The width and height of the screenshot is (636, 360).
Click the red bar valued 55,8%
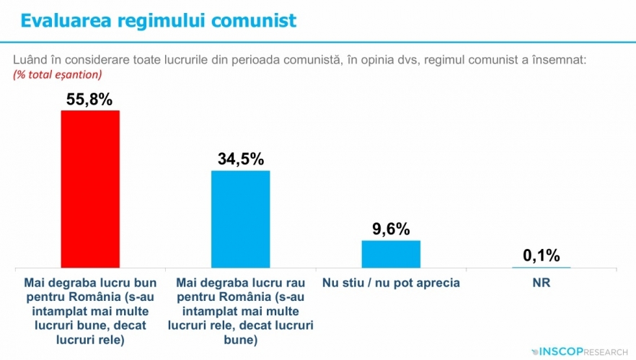pos(90,189)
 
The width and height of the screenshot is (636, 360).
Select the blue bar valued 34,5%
pos(240,219)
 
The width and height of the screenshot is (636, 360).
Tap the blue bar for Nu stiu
pos(390,253)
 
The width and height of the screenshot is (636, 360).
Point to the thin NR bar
pos(541,267)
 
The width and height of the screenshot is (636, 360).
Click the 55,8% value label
pos(89,100)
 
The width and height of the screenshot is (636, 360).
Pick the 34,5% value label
pos(240,159)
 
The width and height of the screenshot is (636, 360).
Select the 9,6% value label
pos(391,229)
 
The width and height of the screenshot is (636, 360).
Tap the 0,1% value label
pos(541,255)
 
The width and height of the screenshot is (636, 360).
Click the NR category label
pos(541,282)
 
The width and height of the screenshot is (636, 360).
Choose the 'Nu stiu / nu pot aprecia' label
pos(391,282)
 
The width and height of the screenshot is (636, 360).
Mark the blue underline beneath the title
pos(317,40)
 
